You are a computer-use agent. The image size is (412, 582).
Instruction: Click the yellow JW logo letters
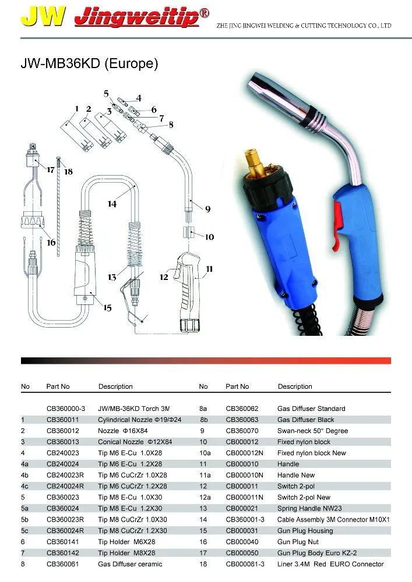pos(42,18)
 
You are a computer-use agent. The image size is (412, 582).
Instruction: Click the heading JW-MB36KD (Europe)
pos(89,63)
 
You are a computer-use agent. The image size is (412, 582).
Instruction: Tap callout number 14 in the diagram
pos(112,204)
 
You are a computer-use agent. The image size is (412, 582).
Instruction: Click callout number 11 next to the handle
pos(209,268)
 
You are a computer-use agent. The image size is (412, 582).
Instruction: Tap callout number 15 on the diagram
pos(107,308)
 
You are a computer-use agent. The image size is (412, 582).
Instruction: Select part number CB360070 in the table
pos(242,431)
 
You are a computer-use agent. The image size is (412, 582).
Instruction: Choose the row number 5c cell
pos(25,530)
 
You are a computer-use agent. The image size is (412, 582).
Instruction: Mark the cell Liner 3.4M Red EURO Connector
pos(330,563)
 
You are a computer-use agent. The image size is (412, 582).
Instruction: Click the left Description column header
pos(115,386)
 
